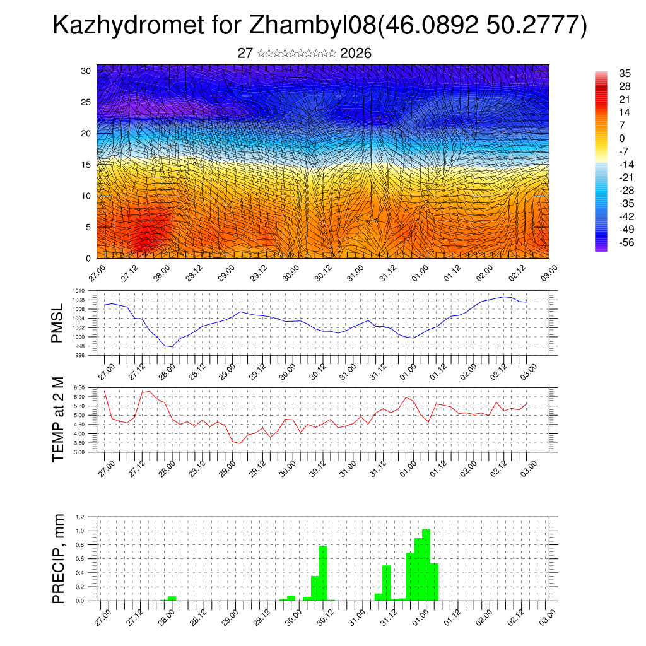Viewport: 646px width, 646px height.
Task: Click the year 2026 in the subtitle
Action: point(355,54)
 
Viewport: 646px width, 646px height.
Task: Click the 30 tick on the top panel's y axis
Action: point(86,71)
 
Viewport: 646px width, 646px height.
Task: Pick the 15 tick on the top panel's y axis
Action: point(86,165)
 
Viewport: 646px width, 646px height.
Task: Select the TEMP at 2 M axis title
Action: point(58,420)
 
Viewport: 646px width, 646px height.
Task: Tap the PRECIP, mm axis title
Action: point(58,558)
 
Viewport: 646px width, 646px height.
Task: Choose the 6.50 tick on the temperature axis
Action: point(79,387)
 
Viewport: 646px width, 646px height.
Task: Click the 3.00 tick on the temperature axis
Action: point(79,452)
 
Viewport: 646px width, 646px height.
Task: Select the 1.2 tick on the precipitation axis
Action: point(81,517)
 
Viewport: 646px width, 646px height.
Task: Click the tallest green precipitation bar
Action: point(426,565)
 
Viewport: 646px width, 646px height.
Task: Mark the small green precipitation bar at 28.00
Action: point(172,598)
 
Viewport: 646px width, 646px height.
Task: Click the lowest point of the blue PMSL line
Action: point(172,346)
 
